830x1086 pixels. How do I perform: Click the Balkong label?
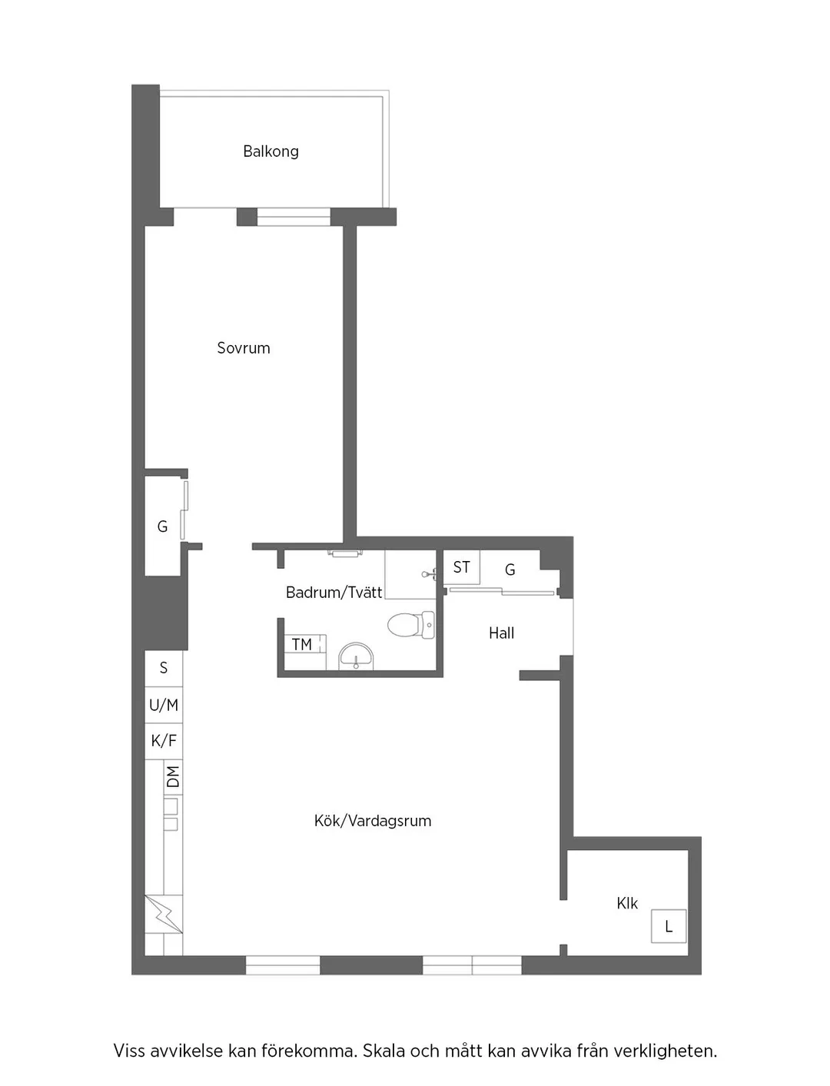click(271, 151)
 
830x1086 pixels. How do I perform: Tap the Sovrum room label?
click(244, 348)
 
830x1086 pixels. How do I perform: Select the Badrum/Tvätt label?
click(334, 593)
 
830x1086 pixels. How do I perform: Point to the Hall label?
click(501, 633)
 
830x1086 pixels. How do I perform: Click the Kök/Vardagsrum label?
click(373, 821)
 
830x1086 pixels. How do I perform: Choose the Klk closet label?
click(627, 904)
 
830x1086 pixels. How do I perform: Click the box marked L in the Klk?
click(669, 926)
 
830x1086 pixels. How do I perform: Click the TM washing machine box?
click(303, 645)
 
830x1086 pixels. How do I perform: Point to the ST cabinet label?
click(461, 567)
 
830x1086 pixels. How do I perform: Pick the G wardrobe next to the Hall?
click(510, 570)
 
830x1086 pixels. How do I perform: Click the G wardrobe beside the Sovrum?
click(162, 527)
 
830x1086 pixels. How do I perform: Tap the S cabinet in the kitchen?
click(164, 668)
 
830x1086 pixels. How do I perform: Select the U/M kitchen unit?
click(164, 705)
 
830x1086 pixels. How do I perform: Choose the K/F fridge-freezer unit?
click(164, 741)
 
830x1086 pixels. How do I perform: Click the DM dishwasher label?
click(174, 777)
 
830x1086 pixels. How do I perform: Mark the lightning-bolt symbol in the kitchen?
click(164, 914)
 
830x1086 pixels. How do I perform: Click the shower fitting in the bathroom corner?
click(430, 573)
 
